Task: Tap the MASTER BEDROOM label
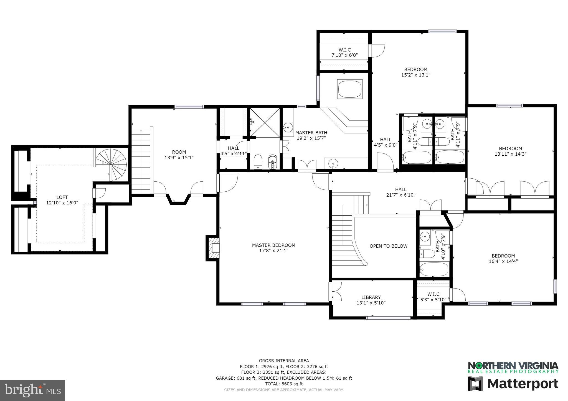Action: click(273, 245)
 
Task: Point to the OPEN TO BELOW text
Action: click(388, 246)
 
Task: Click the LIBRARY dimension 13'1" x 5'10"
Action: click(371, 303)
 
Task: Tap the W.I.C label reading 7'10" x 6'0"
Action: click(344, 55)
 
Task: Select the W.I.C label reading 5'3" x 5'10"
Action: click(433, 299)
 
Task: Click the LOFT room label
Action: click(62, 197)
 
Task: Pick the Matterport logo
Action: click(513, 384)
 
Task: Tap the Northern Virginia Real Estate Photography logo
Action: click(513, 367)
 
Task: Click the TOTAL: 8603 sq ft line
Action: click(284, 384)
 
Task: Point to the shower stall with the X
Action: click(265, 122)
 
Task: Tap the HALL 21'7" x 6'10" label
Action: click(400, 192)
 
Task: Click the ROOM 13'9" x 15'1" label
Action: click(179, 155)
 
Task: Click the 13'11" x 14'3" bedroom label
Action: click(510, 151)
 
